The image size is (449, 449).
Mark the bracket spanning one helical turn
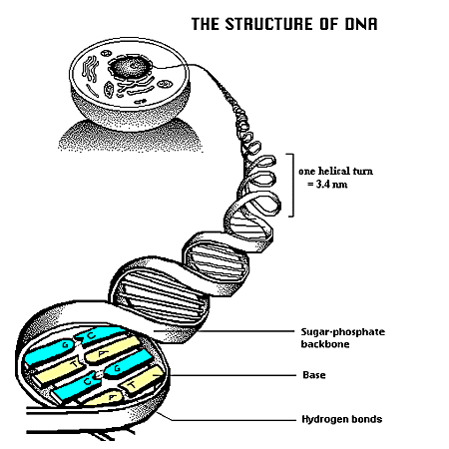coord(292,185)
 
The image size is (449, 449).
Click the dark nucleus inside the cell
coord(129,67)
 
